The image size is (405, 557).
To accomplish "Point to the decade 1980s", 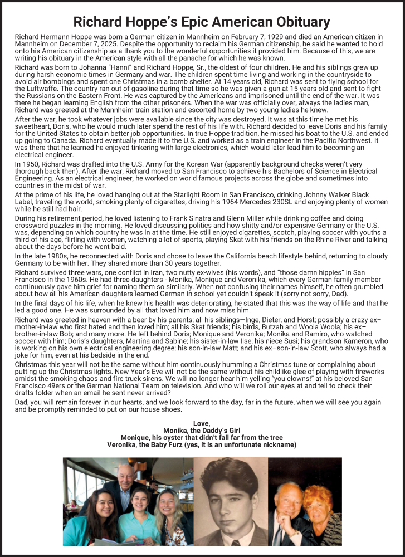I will click(x=54, y=256).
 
